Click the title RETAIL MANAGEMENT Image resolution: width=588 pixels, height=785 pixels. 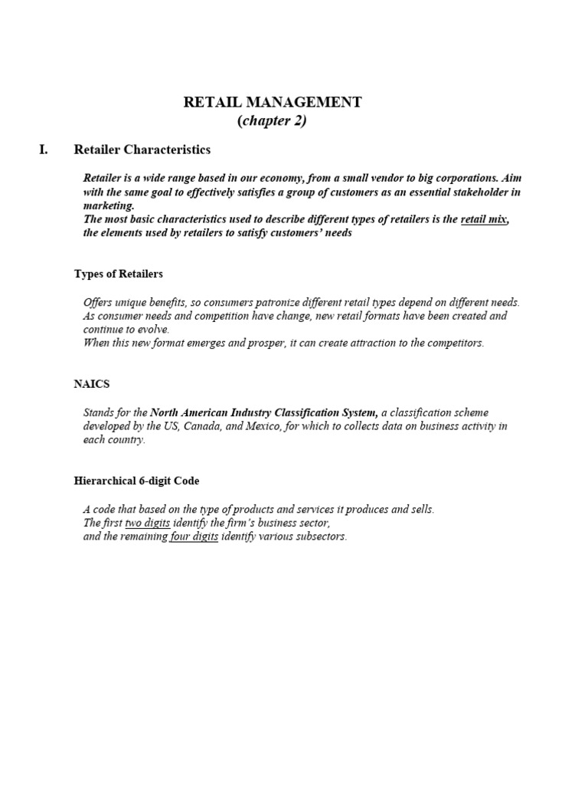tap(273, 102)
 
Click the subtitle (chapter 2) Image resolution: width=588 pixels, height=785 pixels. tap(273, 121)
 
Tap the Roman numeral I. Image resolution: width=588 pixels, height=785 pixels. tap(43, 149)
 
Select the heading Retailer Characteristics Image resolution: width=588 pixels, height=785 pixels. tap(142, 149)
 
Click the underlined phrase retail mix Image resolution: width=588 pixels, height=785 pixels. tap(484, 220)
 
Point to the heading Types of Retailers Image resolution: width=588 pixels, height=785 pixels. tap(118, 274)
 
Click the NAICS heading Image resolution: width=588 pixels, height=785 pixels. tap(92, 383)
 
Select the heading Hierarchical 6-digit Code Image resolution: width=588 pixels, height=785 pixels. tap(136, 481)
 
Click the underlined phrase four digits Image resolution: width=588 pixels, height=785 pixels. tap(194, 537)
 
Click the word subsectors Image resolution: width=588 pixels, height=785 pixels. tap(321, 537)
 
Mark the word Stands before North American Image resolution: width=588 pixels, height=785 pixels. tap(100, 412)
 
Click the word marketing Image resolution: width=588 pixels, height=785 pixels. tap(108, 205)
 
